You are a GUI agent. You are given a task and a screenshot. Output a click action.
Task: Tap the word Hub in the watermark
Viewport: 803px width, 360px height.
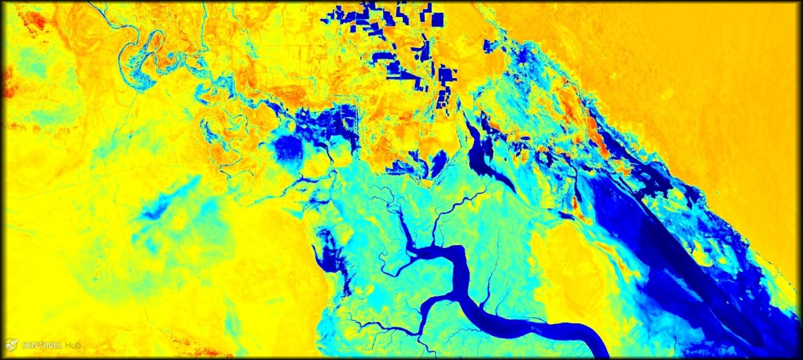tap(73, 345)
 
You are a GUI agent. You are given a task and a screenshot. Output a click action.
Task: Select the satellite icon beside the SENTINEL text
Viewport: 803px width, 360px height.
tap(11, 345)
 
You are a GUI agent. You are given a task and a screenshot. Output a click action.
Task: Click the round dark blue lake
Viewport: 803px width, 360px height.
tap(287, 148)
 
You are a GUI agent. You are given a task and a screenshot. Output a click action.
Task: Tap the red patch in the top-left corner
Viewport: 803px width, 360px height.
tap(31, 20)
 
